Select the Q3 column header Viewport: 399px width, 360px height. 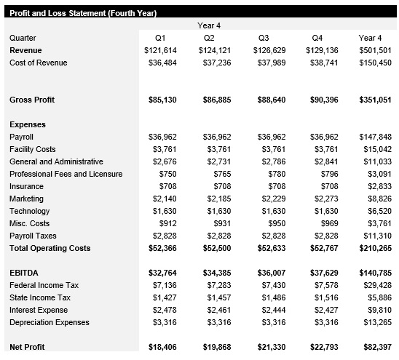coord(264,38)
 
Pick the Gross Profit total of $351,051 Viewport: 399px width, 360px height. coord(375,100)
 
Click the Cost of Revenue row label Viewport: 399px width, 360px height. coord(38,63)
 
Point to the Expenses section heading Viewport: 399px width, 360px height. coord(28,124)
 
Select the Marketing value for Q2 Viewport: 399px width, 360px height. coord(214,199)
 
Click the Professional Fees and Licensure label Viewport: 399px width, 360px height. coord(66,174)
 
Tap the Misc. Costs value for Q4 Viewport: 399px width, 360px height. coord(325,223)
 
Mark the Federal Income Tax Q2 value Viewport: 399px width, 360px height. coord(214,285)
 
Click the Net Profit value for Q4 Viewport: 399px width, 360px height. coord(322,348)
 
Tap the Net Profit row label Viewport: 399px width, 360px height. coord(28,348)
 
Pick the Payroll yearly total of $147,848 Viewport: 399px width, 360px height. coord(375,137)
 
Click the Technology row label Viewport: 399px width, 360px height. coord(30,211)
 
